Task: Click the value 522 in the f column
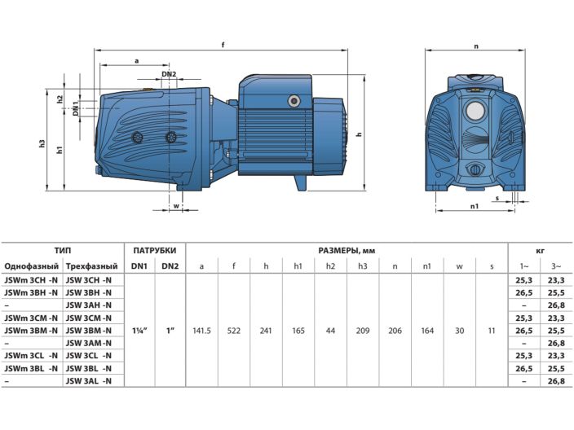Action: (234, 331)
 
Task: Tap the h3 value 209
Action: (363, 331)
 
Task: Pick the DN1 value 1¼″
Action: (139, 331)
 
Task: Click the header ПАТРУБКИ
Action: (154, 250)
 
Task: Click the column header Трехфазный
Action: (91, 266)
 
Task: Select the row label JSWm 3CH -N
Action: (31, 280)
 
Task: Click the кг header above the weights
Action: (540, 250)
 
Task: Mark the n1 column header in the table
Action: (427, 266)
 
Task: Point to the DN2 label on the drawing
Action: (169, 74)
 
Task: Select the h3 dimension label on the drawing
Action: (42, 143)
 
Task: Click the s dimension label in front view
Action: (497, 197)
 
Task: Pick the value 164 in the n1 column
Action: (427, 331)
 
